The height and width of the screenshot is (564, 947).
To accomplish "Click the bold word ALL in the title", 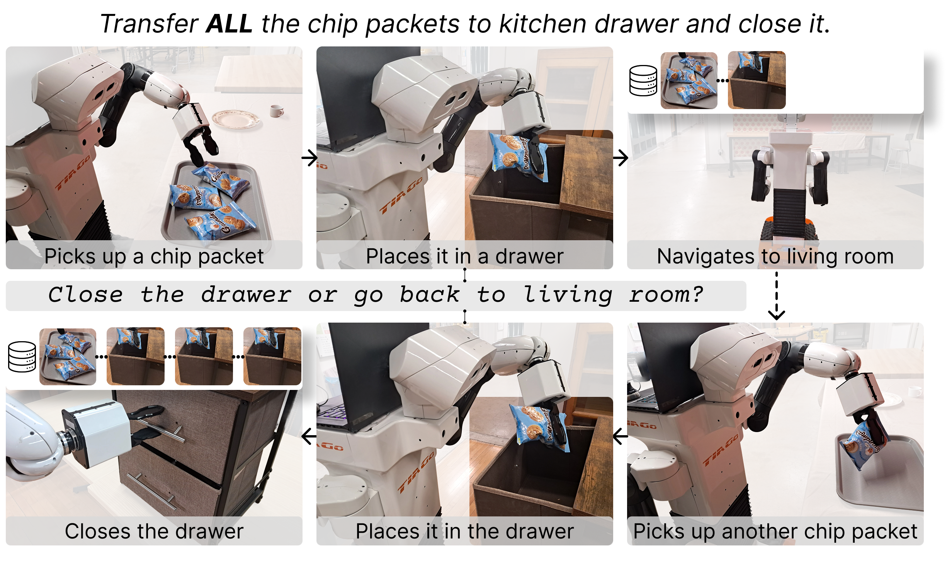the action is (229, 24).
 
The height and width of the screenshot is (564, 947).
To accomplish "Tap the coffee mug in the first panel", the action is (276, 111).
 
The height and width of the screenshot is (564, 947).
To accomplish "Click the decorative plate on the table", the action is (236, 119).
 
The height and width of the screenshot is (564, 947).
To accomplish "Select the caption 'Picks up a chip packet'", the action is (154, 256).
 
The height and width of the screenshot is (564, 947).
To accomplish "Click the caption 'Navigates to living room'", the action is (775, 256).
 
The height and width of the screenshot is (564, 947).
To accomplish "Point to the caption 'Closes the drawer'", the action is (154, 531).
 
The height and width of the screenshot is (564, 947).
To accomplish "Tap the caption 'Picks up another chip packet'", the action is (775, 531).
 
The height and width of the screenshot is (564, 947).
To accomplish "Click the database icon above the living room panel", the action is (643, 80).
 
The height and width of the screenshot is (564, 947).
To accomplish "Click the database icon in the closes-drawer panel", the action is (22, 357).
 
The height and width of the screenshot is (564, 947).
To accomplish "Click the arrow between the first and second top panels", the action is (309, 158).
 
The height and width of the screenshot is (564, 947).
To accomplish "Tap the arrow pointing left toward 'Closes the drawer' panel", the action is (309, 436).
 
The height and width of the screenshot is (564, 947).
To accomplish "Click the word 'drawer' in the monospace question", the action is (246, 295).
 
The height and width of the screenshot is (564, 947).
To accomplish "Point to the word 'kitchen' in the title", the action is (543, 24).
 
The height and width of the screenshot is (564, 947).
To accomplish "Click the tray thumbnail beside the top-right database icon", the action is (689, 80).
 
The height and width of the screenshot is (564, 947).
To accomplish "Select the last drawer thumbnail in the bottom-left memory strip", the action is (272, 356).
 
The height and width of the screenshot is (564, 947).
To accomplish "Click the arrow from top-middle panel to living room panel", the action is (621, 158).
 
